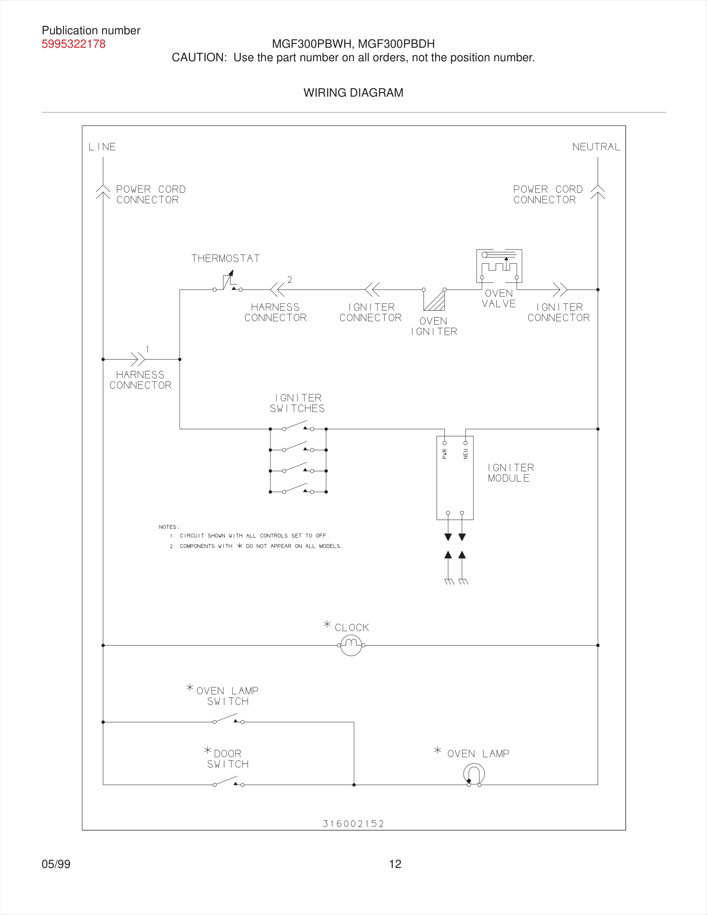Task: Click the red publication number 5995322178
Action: pos(73,44)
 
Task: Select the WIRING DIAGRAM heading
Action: pos(353,92)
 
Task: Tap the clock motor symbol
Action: pos(351,645)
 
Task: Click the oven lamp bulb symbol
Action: pos(474,774)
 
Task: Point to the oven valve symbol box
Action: pos(499,266)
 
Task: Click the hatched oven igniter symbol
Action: pos(435,300)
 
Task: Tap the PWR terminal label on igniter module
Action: pos(444,454)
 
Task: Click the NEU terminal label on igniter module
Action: pos(465,454)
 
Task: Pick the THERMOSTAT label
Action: pos(225,258)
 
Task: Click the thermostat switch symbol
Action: pos(228,283)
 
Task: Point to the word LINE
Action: pos(102,147)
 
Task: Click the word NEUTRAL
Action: pos(596,147)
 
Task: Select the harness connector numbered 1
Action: pos(138,359)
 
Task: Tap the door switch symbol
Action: pos(228,782)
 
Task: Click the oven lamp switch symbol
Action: pos(228,719)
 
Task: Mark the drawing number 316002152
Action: pos(353,824)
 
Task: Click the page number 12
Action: pos(395,864)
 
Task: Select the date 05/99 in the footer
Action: pos(56,864)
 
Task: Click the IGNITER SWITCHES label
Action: pos(297,403)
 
